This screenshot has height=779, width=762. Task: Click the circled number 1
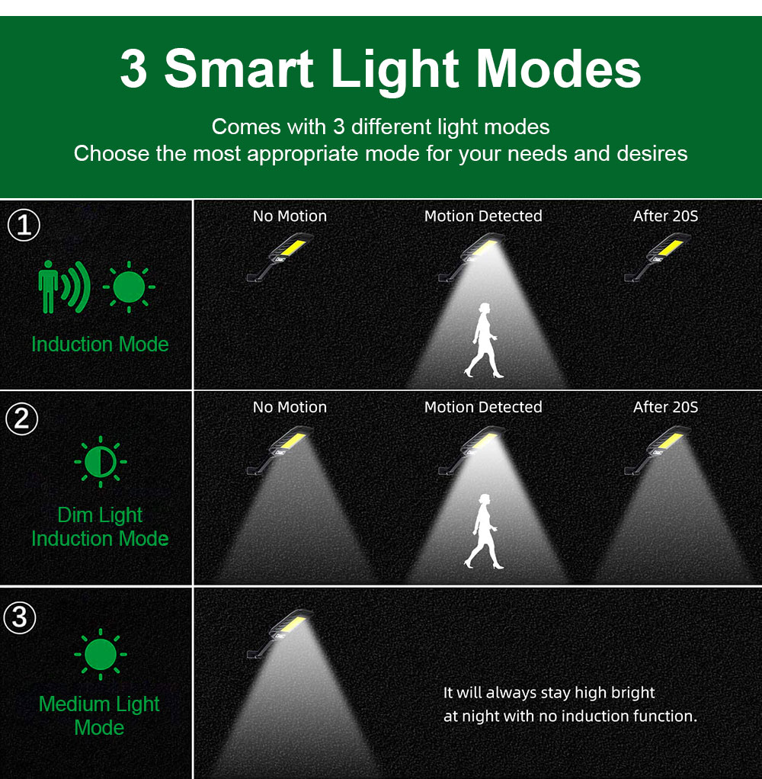point(24,225)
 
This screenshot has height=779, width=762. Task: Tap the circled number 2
point(21,418)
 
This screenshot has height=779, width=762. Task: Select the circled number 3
point(19,617)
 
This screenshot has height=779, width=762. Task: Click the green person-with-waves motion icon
point(64,287)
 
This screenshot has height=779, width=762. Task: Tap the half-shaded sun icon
point(101,462)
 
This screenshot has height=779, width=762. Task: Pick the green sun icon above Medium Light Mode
point(101,654)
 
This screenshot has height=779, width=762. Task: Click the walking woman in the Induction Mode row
point(483,340)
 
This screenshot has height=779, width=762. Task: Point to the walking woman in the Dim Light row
point(483,531)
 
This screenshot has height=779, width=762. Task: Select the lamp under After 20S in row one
point(657,257)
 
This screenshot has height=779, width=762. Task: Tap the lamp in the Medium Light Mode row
point(280,633)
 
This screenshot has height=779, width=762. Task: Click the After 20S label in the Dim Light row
point(666,407)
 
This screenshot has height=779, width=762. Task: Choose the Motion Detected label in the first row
point(483,216)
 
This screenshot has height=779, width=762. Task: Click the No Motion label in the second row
point(290,407)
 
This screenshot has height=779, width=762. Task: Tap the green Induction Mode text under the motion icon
point(100,345)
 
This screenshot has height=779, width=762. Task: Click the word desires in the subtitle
point(652,153)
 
